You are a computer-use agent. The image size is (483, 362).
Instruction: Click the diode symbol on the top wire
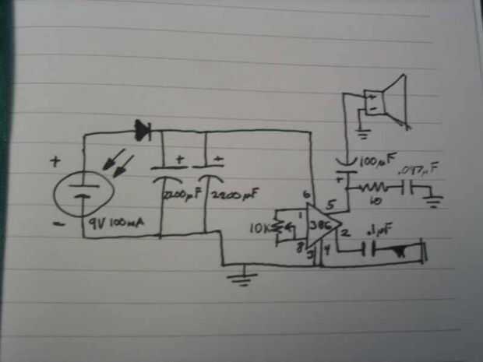pos(143,130)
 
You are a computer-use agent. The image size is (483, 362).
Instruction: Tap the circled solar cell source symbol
pos(82,194)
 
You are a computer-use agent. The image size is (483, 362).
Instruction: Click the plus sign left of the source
pos(55,163)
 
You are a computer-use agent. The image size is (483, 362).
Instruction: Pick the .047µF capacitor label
pos(418,169)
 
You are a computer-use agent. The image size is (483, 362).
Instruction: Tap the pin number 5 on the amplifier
pos(332,206)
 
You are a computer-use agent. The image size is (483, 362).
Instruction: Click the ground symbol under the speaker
pos(359,129)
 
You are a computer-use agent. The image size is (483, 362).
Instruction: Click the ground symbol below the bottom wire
pos(244,276)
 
